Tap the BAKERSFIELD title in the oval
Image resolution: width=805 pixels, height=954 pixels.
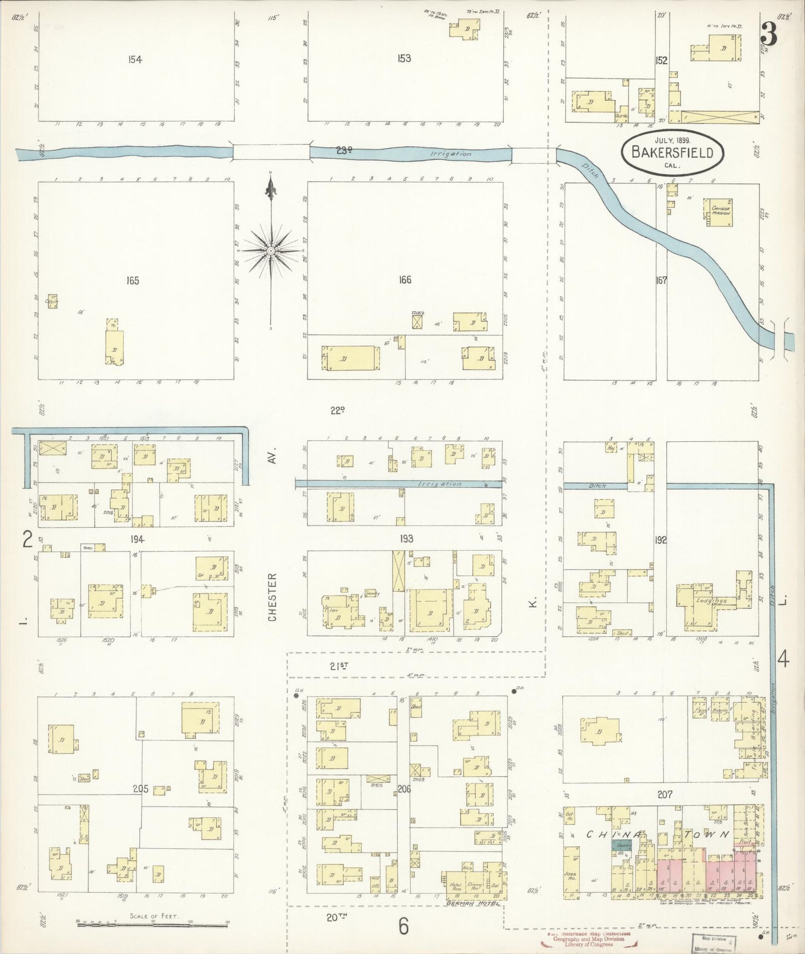(x=672, y=153)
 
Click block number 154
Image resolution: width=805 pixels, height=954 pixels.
(x=135, y=60)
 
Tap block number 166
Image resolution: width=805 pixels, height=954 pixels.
(x=405, y=279)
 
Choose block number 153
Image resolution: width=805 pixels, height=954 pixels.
(x=404, y=58)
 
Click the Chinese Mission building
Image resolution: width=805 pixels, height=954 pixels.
(x=721, y=212)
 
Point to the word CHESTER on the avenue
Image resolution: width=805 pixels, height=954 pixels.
(x=272, y=597)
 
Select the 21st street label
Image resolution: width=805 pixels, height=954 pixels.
(x=339, y=666)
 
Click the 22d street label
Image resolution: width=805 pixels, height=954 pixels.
(x=337, y=411)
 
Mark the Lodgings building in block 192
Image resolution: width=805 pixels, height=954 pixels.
(x=711, y=602)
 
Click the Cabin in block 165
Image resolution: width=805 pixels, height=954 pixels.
(x=52, y=301)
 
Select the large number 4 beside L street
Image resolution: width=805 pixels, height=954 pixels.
(x=783, y=660)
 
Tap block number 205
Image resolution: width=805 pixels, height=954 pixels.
(x=140, y=789)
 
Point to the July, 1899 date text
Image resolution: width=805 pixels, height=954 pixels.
(x=672, y=140)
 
